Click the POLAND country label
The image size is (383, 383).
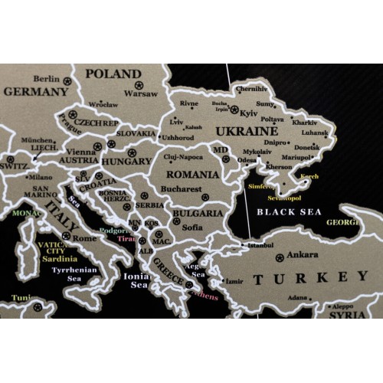coord(113,74)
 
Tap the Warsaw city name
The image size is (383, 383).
coord(140,94)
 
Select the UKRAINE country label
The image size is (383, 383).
coord(245,131)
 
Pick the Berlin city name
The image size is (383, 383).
coord(47,79)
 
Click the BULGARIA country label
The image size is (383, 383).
coord(197,213)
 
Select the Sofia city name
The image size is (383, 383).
coord(192,227)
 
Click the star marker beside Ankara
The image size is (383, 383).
coord(280,257)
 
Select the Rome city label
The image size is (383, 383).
coord(83,237)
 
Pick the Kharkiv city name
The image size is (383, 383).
coord(304,123)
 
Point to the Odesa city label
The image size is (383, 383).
coord(248,160)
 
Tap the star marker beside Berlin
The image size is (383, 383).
coord(67,80)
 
